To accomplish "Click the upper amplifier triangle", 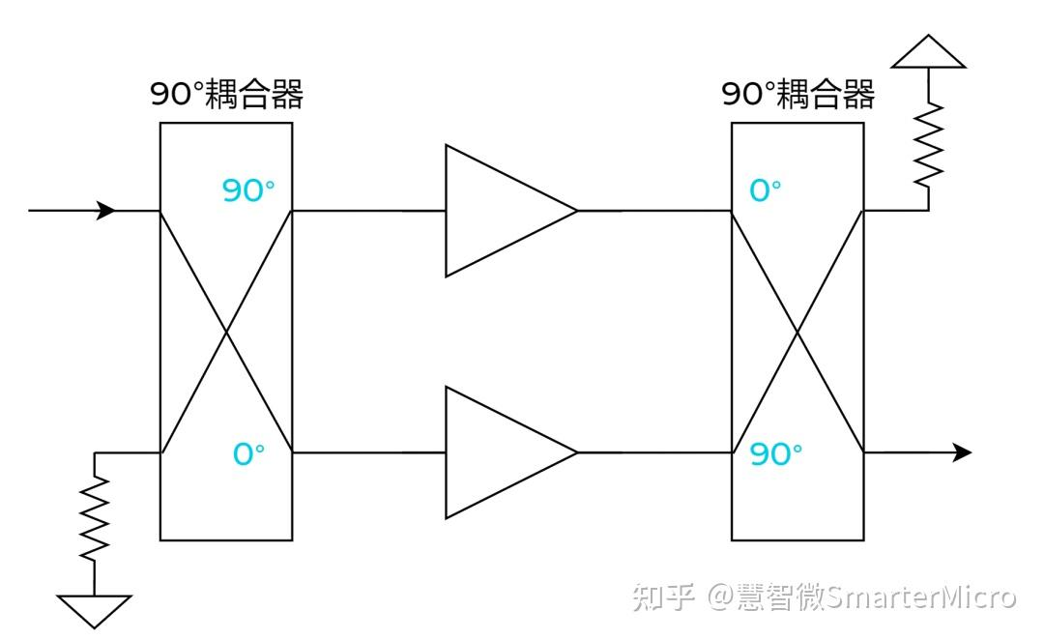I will tap(498, 211).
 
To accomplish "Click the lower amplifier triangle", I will tap(498, 452).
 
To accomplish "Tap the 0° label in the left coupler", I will tap(248, 453).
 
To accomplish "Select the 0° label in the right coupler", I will tap(765, 190).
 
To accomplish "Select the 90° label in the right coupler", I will tap(776, 453).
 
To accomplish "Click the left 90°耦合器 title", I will tap(226, 95).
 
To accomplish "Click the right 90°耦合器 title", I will tap(798, 95).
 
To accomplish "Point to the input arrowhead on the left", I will tap(106, 210).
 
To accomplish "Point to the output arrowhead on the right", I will tap(962, 452).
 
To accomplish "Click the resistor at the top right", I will tap(929, 145).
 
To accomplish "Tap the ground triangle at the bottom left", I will tap(94, 609).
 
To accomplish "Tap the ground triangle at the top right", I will tap(929, 54).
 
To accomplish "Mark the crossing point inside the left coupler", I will tap(226, 332).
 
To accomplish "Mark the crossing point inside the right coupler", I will tap(797, 332).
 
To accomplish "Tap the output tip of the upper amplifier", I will tap(576, 211).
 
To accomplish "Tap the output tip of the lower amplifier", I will tap(576, 452).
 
